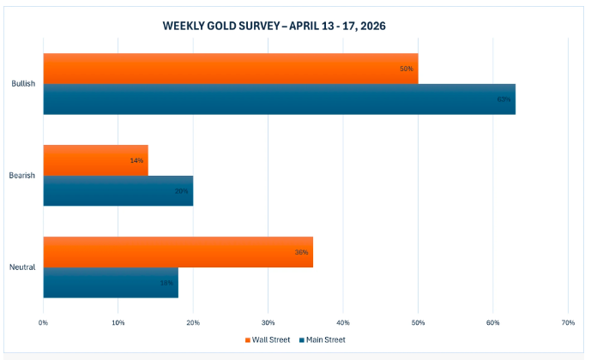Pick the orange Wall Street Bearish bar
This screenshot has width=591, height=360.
[95, 160]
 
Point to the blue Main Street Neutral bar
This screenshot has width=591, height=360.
[111, 283]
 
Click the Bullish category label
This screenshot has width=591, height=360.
[23, 84]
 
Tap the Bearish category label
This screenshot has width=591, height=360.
[23, 176]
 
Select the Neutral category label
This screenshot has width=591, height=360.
[23, 267]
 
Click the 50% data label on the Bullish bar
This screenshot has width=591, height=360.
[407, 69]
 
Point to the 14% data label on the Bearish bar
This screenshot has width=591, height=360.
[136, 160]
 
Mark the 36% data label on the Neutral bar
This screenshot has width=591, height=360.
[301, 252]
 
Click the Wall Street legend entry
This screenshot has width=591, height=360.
[267, 340]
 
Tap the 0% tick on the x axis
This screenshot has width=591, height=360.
[43, 323]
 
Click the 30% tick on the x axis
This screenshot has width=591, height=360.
[268, 323]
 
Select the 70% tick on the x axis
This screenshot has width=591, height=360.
[567, 323]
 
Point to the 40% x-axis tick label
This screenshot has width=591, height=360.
[343, 323]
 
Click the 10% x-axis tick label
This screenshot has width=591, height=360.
[118, 323]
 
